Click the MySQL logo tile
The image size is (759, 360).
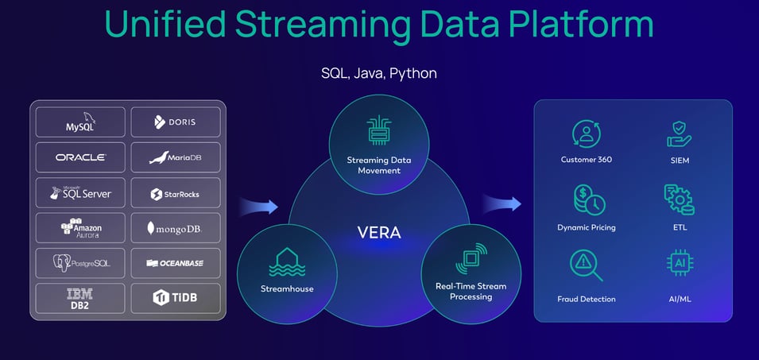point(80,122)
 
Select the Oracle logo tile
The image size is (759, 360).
point(80,157)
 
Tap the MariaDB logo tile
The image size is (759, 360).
point(174,157)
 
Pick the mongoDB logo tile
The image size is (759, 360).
point(174,228)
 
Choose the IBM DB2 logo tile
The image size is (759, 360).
point(80,298)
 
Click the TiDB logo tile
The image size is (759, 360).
point(174,298)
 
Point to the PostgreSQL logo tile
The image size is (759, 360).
point(80,263)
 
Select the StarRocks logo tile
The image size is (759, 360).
point(174,193)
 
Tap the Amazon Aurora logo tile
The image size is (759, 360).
point(80,228)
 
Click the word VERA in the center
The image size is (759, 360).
point(378,234)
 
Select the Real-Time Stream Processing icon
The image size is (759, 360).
point(471,260)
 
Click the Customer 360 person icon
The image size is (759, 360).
point(585,134)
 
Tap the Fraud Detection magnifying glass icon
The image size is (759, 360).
point(585,265)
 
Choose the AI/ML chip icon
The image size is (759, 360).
point(679,264)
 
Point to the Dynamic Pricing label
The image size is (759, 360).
point(586,227)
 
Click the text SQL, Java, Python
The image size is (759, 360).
point(378,73)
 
